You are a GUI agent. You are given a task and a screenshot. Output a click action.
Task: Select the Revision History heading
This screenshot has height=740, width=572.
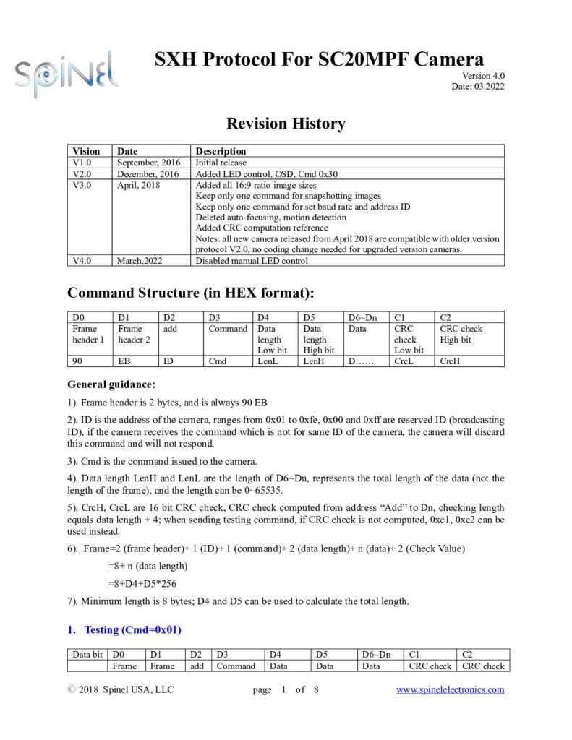pyautogui.click(x=286, y=124)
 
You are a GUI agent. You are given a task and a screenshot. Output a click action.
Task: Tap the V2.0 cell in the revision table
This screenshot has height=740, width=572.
pyautogui.click(x=87, y=174)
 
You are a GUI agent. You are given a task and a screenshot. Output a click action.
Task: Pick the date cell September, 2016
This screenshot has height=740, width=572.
pyautogui.click(x=148, y=163)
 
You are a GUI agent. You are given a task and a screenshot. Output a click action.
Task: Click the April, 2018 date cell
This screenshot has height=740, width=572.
pyautogui.click(x=138, y=185)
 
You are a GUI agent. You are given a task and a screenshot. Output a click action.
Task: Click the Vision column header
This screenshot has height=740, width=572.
pyautogui.click(x=87, y=151)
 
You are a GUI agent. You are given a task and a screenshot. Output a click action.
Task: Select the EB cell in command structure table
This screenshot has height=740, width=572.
pyautogui.click(x=124, y=361)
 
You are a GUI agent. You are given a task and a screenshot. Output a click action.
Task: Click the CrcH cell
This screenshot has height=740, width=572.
pyautogui.click(x=451, y=361)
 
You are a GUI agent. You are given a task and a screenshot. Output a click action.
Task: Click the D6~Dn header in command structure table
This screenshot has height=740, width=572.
pyautogui.click(x=362, y=317)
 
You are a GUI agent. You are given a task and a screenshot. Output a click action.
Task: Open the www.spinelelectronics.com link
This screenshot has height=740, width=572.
pyautogui.click(x=450, y=689)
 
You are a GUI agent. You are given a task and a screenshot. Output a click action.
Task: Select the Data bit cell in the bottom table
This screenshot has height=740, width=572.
pyautogui.click(x=87, y=655)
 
